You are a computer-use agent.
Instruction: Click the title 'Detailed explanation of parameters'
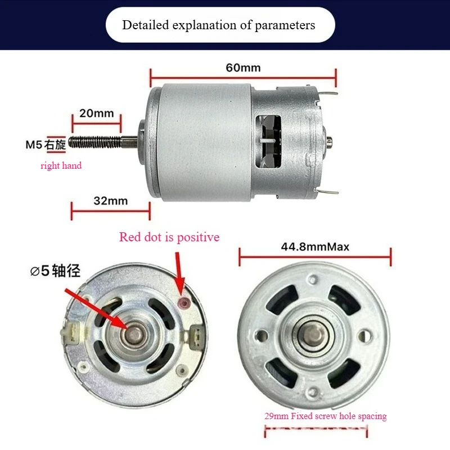(219, 25)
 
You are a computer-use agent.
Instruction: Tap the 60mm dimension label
(243, 67)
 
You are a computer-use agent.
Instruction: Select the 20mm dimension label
(96, 113)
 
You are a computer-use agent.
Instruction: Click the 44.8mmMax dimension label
(315, 246)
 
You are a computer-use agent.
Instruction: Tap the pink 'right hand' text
(61, 165)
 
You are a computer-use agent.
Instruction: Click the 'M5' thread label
(34, 145)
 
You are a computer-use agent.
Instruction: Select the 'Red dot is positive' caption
(169, 237)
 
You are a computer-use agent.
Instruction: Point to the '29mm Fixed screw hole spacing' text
(326, 416)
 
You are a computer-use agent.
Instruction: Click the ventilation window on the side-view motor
(268, 142)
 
